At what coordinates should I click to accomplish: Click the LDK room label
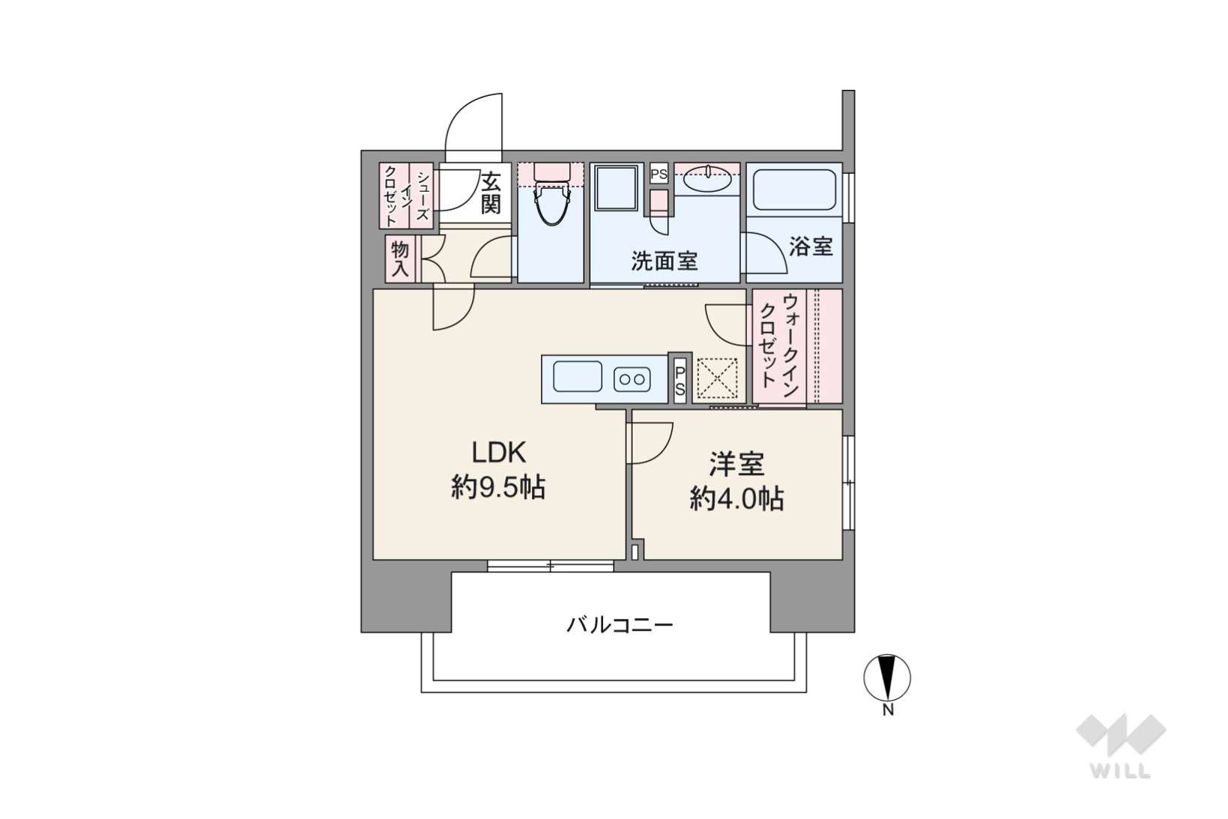tap(499, 453)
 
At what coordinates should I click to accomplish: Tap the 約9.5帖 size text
tap(498, 487)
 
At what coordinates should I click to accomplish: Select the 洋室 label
tap(737, 465)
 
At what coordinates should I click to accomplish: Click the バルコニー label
tap(620, 625)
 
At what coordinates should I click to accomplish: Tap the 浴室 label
tap(811, 247)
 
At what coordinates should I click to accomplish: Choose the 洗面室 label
tap(664, 262)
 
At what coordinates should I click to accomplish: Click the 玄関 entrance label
tap(491, 193)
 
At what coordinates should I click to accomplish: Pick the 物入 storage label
tap(399, 260)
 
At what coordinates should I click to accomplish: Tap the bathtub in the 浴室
tap(794, 190)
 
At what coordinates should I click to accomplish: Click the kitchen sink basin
tap(577, 377)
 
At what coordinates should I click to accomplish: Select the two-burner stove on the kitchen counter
tap(632, 379)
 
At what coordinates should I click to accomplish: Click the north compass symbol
tap(887, 677)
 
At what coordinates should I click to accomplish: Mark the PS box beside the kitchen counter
tap(680, 379)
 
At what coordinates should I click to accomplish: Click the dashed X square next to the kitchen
tap(717, 378)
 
